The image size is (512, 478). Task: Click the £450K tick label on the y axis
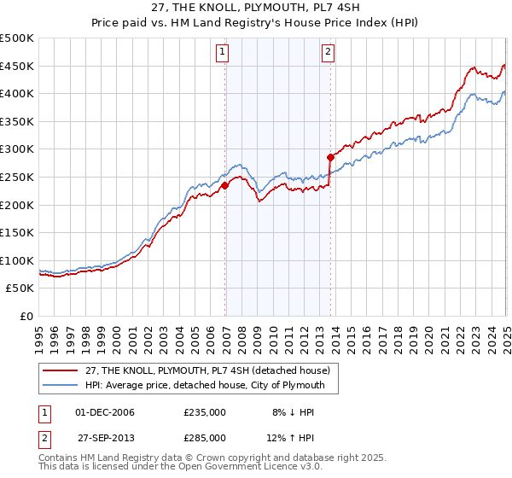17,67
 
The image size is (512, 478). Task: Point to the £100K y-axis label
17,260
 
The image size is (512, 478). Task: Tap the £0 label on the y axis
27,316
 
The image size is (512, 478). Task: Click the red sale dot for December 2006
224,185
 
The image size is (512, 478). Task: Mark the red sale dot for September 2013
330,157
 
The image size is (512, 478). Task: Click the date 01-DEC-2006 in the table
106,412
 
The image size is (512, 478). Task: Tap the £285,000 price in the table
205,437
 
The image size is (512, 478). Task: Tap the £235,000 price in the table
205,412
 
